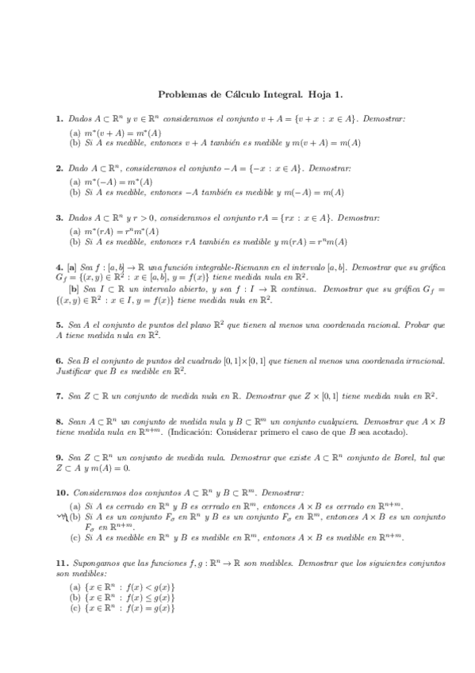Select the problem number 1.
click(x=59, y=118)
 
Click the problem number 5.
click(x=59, y=325)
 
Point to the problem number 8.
click(x=59, y=421)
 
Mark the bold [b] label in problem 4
click(x=74, y=290)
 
